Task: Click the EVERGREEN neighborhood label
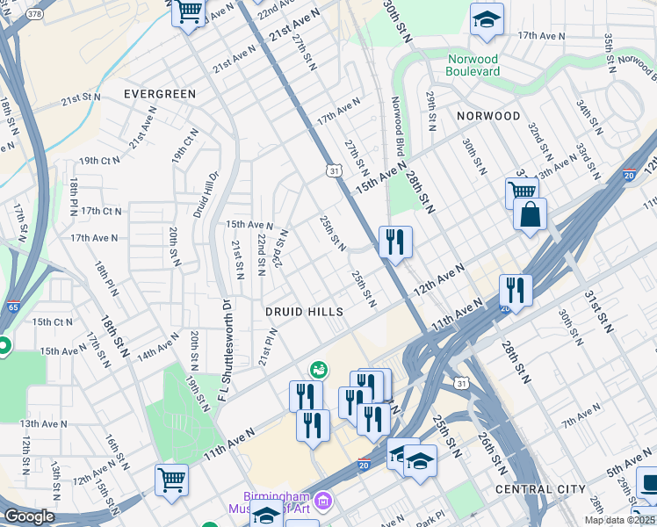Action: (x=160, y=94)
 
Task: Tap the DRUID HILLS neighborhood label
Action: (x=305, y=312)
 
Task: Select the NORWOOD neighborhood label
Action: (x=488, y=116)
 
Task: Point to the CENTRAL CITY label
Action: (x=540, y=488)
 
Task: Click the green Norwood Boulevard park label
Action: (x=473, y=64)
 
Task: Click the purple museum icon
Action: (x=323, y=502)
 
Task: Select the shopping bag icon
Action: (x=530, y=214)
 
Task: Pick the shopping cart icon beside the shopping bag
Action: (x=522, y=191)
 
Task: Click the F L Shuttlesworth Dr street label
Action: (x=225, y=354)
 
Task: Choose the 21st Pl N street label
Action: (x=268, y=347)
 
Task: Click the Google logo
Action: (x=29, y=516)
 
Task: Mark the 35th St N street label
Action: (x=608, y=54)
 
